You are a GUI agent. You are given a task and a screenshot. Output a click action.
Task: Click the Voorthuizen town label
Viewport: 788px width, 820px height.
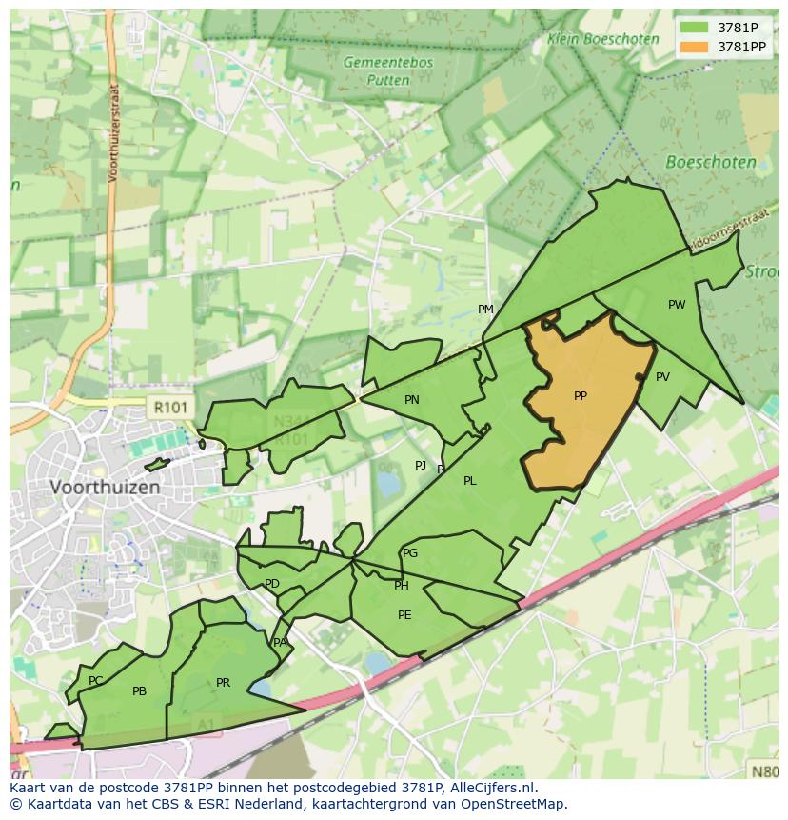tap(105, 487)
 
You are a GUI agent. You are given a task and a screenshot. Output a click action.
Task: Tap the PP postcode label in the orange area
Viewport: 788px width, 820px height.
tap(581, 396)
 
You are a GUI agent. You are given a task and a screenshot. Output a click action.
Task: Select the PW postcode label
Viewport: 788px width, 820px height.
tap(677, 305)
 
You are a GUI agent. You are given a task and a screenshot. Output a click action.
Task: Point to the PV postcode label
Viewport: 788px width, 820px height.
tap(662, 377)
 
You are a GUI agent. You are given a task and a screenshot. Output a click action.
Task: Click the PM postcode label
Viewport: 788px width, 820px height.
tap(485, 310)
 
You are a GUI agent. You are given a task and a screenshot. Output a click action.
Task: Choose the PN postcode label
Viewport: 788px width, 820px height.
tap(412, 400)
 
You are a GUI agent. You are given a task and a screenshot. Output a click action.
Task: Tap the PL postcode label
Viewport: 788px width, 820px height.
tap(470, 481)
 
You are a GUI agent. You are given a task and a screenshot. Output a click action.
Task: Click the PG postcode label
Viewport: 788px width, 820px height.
tap(410, 553)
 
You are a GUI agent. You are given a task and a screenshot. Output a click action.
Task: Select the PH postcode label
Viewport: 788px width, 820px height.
tap(402, 586)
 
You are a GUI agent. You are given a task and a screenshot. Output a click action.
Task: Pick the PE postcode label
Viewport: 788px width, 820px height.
tap(404, 615)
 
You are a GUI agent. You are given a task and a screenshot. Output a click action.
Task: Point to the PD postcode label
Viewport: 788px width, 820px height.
tap(272, 584)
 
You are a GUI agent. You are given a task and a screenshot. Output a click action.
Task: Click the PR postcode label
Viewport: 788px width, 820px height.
tap(223, 683)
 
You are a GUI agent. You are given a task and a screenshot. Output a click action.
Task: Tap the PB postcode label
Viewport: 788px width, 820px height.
tap(140, 691)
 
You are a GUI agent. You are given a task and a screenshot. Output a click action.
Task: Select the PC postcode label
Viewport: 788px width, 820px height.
tap(95, 681)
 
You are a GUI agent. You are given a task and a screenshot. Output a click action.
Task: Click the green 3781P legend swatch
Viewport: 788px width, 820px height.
tap(695, 28)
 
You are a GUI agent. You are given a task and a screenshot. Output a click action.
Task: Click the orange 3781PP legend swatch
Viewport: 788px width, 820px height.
tap(695, 46)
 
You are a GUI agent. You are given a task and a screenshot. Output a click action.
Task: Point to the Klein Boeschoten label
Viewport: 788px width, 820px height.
tap(602, 40)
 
